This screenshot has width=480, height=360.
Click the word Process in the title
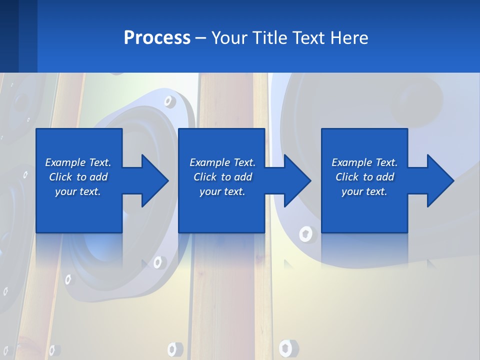tap(157, 37)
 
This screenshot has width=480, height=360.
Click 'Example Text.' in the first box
tap(78, 162)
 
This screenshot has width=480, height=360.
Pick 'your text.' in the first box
tap(78, 191)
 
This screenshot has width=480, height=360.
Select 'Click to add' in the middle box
tap(222, 177)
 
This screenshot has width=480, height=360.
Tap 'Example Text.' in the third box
tap(364, 162)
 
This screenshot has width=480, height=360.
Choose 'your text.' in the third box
tap(364, 191)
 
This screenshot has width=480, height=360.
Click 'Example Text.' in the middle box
tap(222, 162)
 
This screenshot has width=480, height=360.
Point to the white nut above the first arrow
tap(169, 102)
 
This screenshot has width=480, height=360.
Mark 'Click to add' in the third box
tap(364, 177)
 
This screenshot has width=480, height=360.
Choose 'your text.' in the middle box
tap(222, 191)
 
